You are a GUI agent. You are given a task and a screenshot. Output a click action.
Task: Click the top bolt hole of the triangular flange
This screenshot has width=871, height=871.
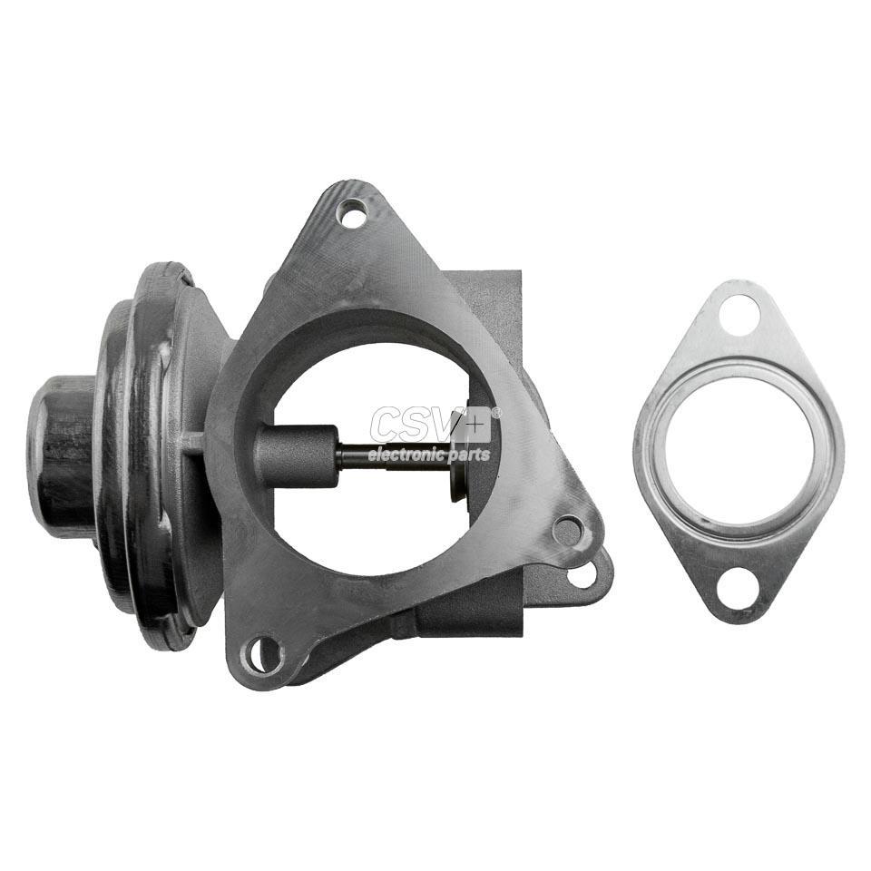(353, 212)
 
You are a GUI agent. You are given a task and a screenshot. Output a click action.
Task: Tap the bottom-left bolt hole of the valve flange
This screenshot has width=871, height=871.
(262, 654)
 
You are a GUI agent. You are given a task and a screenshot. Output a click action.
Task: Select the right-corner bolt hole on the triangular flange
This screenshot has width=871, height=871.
(568, 530)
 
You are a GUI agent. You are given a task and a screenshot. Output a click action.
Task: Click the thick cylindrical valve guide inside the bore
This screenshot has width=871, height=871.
(296, 457)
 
